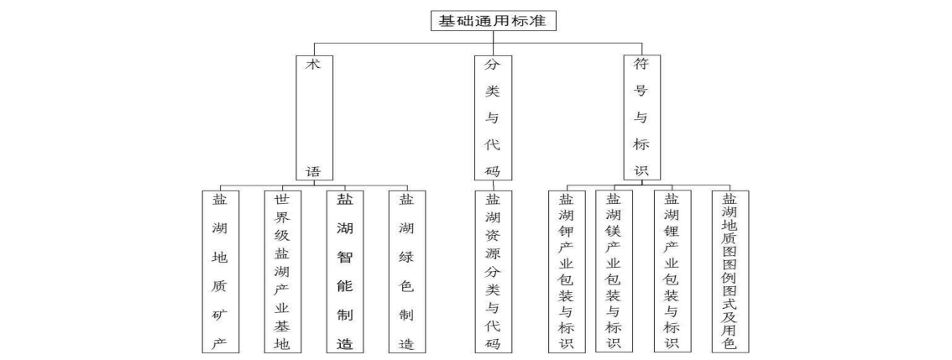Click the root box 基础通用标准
click(x=493, y=20)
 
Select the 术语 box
click(x=313, y=117)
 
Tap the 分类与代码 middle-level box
click(x=493, y=117)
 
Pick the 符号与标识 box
click(x=641, y=117)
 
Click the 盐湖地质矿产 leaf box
click(x=220, y=271)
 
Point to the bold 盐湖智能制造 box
click(x=344, y=271)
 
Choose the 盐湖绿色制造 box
click(x=407, y=271)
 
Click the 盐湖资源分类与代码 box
click(x=493, y=271)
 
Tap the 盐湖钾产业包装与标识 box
click(x=566, y=271)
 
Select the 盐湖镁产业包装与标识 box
click(x=614, y=271)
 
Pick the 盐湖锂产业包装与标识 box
click(x=672, y=271)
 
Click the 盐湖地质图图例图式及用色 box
click(x=730, y=271)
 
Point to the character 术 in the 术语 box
click(x=313, y=65)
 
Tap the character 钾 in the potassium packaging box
click(x=566, y=233)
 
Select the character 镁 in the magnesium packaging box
click(x=614, y=233)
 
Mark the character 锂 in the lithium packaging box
click(x=672, y=233)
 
